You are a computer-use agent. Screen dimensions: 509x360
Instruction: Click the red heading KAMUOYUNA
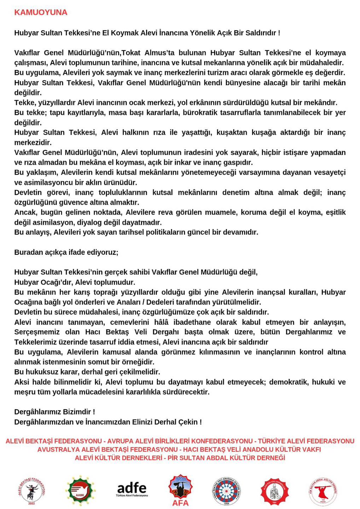tap(41, 12)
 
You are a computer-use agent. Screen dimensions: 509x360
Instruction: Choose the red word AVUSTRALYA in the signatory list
tap(58, 450)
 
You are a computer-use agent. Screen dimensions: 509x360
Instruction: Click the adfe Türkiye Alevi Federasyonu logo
tap(132, 490)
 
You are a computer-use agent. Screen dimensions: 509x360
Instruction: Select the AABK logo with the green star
tap(81, 491)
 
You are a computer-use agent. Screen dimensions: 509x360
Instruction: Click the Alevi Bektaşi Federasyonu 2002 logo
tap(31, 491)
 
